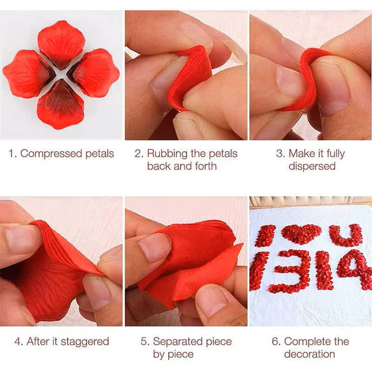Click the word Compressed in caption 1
coord(51,154)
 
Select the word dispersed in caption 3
coord(312,166)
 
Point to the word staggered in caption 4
coord(85,342)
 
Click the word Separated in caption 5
coord(178,342)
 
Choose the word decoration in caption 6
coord(310,354)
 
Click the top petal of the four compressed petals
coord(61,44)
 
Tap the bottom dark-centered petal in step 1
coord(61,104)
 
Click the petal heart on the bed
coord(301,234)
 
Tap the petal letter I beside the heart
coord(265,236)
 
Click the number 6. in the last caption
coord(276,342)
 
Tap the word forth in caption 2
coord(206,166)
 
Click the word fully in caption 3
coord(335,154)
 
